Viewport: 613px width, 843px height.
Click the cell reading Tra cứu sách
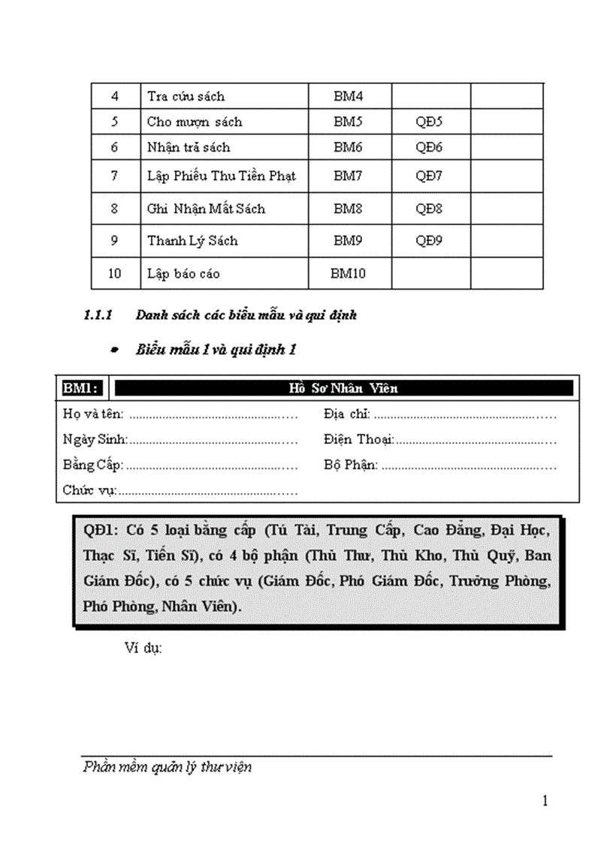(186, 96)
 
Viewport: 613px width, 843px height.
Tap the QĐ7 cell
(429, 176)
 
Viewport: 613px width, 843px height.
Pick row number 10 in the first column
(114, 273)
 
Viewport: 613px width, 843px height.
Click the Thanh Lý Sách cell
(192, 240)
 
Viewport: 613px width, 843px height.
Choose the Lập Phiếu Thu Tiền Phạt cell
(222, 176)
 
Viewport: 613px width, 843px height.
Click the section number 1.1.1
(98, 315)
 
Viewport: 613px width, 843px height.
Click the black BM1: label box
(82, 388)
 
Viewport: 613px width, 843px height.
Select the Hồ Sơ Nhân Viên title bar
(343, 388)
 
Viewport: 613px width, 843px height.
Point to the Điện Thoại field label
(359, 439)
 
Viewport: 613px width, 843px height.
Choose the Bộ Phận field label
(351, 465)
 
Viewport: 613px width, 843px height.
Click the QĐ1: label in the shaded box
(101, 530)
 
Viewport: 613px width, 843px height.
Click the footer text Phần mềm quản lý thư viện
(168, 767)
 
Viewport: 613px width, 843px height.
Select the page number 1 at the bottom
(545, 800)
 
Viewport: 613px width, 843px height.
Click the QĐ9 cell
(429, 240)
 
